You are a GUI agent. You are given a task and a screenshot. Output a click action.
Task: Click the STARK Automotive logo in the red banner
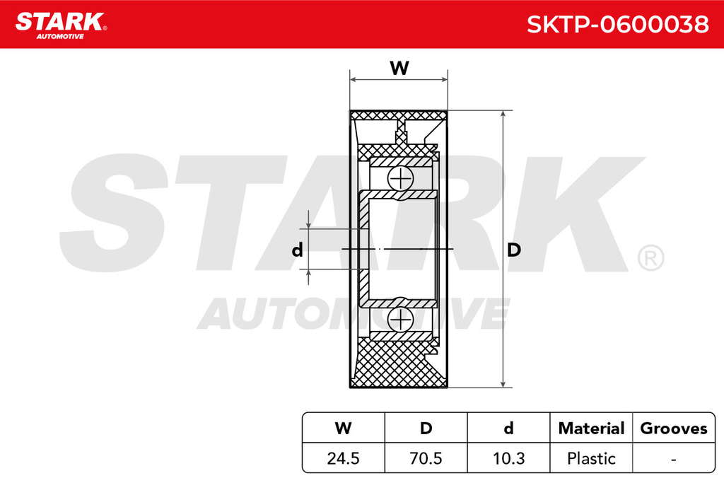click(61, 26)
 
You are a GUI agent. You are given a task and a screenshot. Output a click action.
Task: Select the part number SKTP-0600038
click(617, 24)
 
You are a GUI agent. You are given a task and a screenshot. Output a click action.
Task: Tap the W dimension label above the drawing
click(399, 69)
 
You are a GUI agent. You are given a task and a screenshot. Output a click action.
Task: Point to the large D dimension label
click(514, 250)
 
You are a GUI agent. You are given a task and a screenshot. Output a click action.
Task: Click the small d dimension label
click(298, 250)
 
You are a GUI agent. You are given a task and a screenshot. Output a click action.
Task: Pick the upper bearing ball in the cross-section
click(399, 178)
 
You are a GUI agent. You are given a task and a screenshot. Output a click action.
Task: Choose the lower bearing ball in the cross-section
click(399, 320)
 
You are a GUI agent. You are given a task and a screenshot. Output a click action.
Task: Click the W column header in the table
click(343, 428)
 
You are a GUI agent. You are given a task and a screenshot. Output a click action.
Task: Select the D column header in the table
click(426, 428)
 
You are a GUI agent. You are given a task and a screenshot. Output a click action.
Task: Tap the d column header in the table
click(508, 428)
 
